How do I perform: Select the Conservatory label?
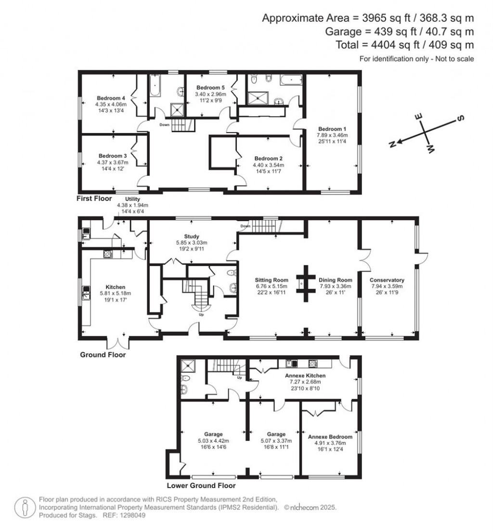[387, 280]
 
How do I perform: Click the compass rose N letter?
[392, 144]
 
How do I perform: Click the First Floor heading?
[94, 199]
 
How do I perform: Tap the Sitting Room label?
[272, 280]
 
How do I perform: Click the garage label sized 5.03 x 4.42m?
[212, 434]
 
